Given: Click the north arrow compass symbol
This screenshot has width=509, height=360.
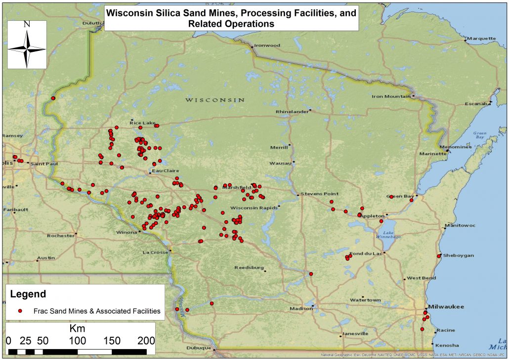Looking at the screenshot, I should coord(27,44).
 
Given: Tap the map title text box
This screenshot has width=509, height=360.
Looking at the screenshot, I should coord(231,18).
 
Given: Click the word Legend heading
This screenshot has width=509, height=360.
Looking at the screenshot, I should coord(28,294).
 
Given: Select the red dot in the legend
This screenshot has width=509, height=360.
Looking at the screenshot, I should coord(21,311).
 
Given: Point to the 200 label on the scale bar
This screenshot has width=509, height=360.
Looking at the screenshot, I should coord(145,341).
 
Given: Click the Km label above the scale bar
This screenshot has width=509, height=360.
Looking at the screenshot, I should coord(77,329).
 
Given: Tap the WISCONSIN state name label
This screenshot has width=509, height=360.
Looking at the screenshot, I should coord(214,100).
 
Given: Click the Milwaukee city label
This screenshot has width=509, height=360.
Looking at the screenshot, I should coord(446,307).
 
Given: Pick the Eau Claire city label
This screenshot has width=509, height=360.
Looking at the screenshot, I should coord(164,171).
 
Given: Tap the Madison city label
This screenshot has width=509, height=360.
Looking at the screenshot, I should coord(301,309).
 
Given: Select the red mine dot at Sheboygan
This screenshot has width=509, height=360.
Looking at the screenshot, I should coord(439,256).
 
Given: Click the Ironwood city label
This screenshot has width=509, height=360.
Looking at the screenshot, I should coord(267,45).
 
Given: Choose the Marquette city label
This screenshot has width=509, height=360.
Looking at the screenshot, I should coord(481,38).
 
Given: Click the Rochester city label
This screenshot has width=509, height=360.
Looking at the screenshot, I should coord(60,236).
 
